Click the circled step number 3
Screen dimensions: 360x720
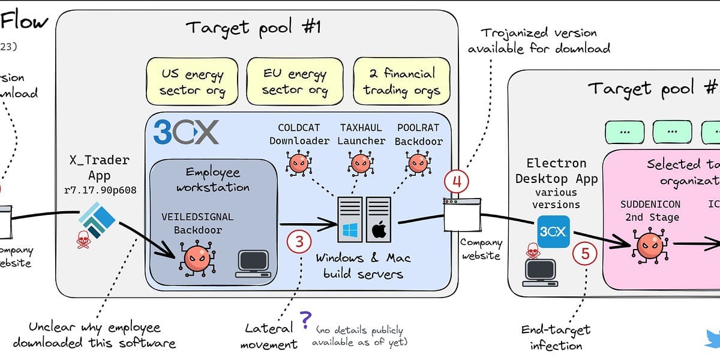coord(299,242)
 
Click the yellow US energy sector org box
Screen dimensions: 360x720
coord(193,82)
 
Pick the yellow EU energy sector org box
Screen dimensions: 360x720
coord(295,82)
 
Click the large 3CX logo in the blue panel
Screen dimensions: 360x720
coord(186,132)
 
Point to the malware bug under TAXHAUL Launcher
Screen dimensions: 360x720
coord(360,163)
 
